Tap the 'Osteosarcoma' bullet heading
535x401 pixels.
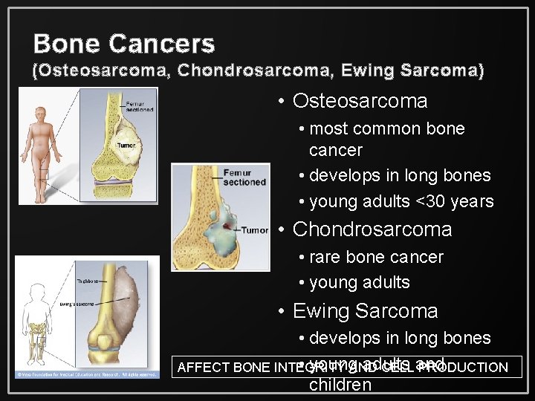point(360,101)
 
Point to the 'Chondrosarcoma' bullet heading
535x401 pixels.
point(372,229)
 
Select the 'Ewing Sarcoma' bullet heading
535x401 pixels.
point(365,311)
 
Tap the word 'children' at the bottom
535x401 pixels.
point(340,385)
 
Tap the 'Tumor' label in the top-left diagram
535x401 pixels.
point(126,145)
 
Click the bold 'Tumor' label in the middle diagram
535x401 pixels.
point(254,230)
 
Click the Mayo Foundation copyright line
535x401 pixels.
point(87,374)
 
